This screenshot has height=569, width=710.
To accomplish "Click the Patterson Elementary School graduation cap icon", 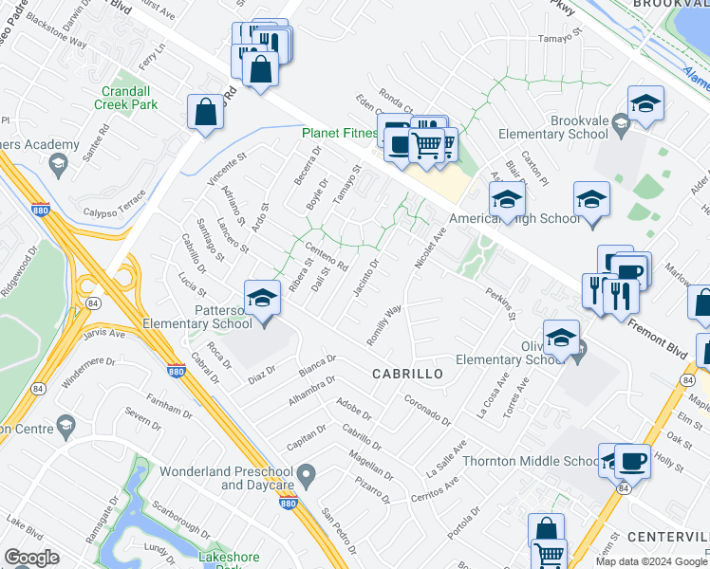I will (262, 299).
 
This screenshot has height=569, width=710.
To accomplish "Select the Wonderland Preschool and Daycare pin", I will (306, 473).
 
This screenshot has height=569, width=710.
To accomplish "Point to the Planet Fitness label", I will (340, 134).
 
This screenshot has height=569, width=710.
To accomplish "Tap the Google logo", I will (31, 558).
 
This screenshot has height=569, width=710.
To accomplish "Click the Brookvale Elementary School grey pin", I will (621, 122).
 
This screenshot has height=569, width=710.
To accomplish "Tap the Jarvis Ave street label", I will (104, 333).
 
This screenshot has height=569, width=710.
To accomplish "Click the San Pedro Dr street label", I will (340, 531).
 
